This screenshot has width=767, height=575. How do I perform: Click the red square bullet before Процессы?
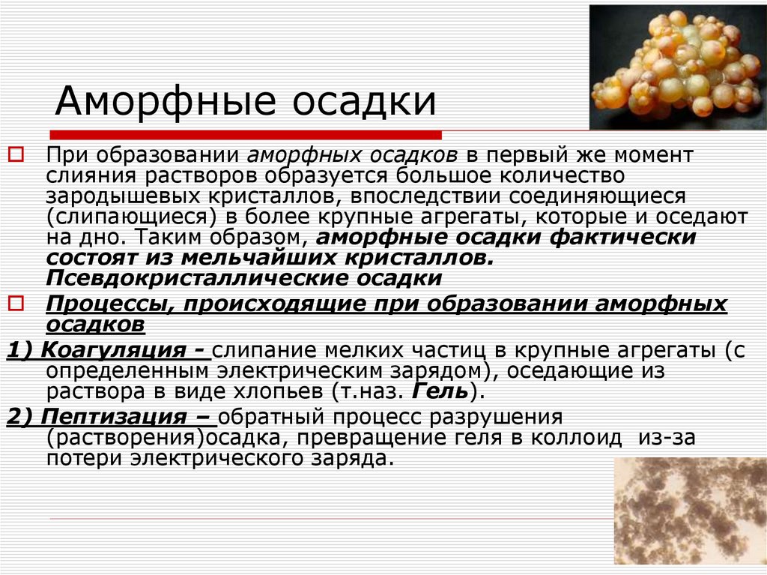pyautogui.click(x=16, y=303)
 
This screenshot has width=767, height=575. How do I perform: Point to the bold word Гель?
pyautogui.click(x=444, y=391)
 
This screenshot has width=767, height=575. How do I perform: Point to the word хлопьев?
pyautogui.click(x=273, y=391)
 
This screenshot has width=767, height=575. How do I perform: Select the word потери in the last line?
pyautogui.click(x=80, y=458)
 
